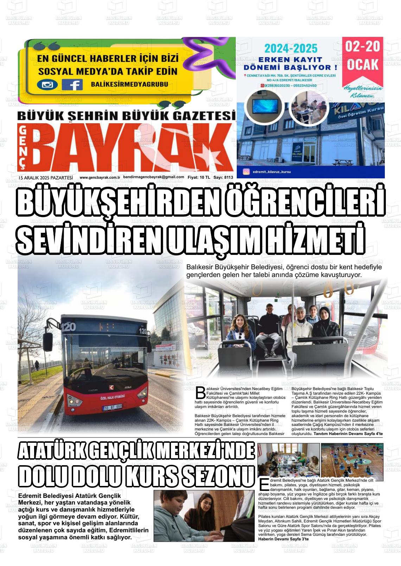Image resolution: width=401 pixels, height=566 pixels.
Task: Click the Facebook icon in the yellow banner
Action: [72, 85]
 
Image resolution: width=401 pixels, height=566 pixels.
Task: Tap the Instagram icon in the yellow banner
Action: [47, 85]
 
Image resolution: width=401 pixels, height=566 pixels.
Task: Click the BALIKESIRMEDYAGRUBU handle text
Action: [129, 84]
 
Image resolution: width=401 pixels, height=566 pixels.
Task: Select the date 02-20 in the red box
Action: [363, 47]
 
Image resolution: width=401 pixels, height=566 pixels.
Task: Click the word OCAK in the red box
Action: [363, 65]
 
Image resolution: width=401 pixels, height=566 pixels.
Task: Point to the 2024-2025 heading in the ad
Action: [291, 48]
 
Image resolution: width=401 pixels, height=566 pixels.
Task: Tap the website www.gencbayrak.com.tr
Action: [100, 178]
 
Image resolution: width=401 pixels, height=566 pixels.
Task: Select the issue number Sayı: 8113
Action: [223, 178]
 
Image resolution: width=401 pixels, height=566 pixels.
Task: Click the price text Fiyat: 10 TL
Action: [199, 178]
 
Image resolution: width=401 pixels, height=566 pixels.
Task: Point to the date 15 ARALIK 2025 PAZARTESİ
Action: [46, 178]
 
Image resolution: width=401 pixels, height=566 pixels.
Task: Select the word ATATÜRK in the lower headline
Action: [53, 451]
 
